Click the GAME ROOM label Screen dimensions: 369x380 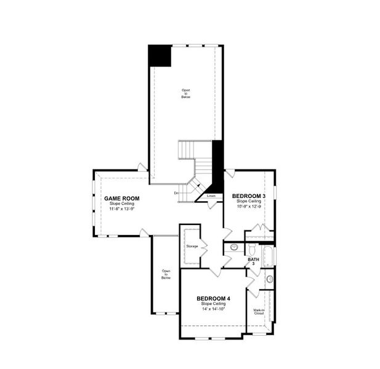[x=121, y=199]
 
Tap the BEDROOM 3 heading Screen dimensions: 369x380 [x=249, y=196]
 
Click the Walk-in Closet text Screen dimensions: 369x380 [x=258, y=312]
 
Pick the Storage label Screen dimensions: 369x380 [x=192, y=246]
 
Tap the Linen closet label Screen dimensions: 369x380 [x=211, y=196]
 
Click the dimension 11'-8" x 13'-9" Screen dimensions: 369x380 [x=121, y=209]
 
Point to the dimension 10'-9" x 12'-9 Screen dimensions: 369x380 [x=249, y=207]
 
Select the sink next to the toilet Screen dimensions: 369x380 [x=234, y=247]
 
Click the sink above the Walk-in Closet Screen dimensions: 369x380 [x=269, y=280]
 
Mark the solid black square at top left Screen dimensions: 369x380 [x=159, y=57]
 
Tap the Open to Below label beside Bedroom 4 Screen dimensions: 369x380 [x=166, y=274]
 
